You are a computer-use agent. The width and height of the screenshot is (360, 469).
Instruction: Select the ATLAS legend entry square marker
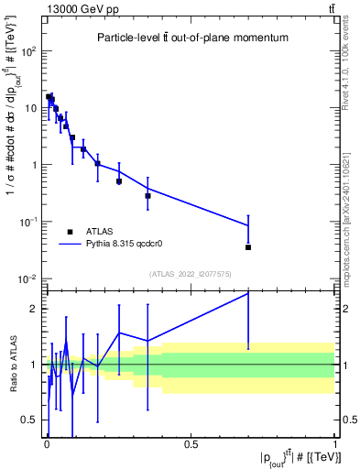70,232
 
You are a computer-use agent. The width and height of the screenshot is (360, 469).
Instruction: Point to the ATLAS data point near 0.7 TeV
248,247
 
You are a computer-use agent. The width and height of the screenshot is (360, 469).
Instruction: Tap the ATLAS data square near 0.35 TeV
147,195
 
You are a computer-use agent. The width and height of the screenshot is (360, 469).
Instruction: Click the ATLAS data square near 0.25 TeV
119,181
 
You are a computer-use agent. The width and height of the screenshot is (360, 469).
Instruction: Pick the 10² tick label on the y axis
29,51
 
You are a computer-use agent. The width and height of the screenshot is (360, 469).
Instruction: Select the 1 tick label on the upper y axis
35,165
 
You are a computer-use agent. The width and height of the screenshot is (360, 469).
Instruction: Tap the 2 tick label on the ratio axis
35,309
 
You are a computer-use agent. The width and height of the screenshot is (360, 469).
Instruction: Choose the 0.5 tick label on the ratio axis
30,420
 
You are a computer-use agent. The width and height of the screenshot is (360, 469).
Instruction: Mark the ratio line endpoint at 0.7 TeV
248,293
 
